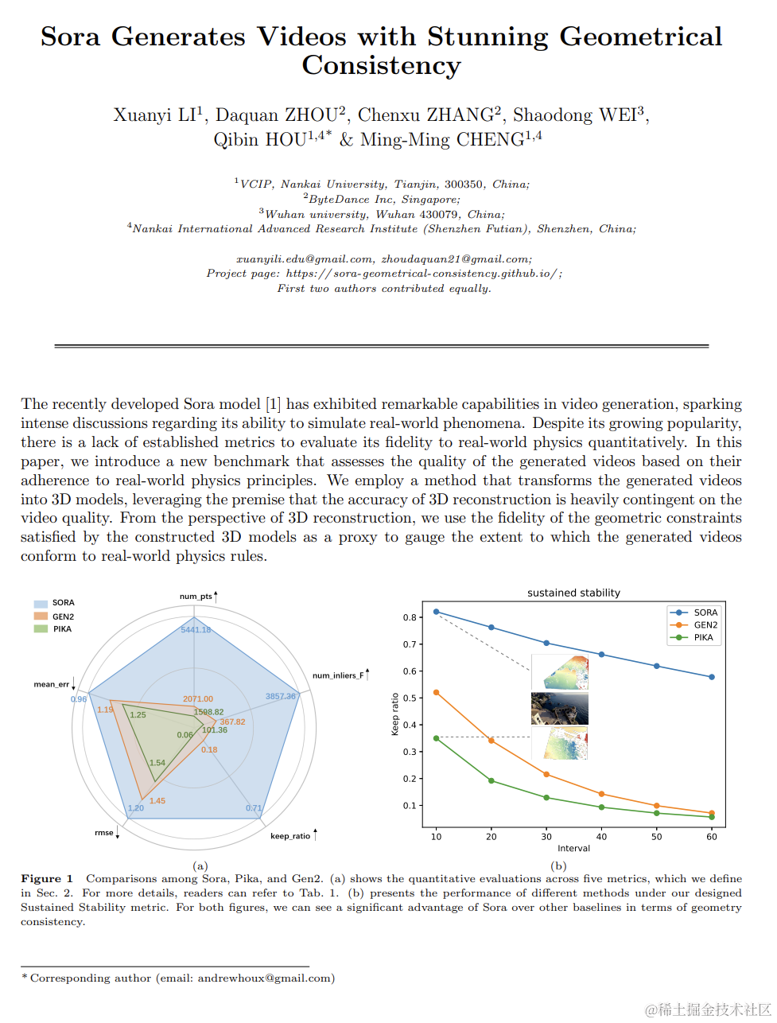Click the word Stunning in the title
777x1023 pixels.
488,37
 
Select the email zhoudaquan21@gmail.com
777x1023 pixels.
456,259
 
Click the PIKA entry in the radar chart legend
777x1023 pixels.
62,629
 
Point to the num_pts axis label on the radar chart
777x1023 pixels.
196,597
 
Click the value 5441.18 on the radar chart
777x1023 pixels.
196,630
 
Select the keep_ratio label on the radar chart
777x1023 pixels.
290,836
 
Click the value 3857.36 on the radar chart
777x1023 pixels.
280,696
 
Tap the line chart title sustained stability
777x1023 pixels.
573,593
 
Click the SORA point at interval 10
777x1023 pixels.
436,612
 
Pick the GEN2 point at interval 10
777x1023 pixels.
436,693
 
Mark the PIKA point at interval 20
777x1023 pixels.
491,780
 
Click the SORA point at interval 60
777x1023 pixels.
712,677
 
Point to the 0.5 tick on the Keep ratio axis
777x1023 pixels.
410,698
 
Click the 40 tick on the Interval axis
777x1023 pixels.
601,836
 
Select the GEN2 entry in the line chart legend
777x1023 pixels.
705,625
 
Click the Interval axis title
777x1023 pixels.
573,848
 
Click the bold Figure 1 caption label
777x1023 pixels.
47,879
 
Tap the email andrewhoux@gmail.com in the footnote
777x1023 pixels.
266,978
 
